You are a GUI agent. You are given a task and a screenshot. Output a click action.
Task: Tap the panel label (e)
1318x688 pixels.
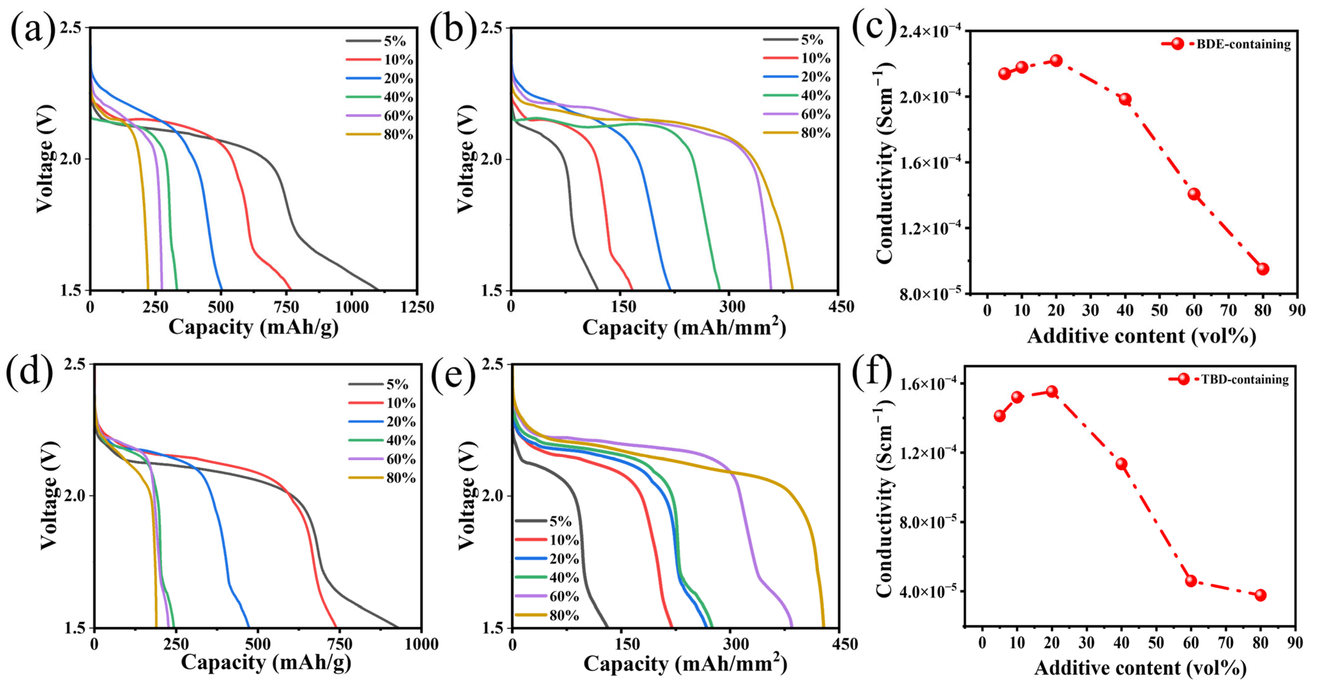[453, 374]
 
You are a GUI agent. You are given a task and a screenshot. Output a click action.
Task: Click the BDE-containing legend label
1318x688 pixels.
[1243, 44]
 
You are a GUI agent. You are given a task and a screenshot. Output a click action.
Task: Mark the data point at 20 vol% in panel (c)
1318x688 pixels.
[1056, 60]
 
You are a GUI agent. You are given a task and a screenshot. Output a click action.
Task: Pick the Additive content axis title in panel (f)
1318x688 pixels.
[1140, 668]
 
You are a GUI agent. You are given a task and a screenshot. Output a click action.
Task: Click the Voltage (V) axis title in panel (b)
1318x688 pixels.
[465, 159]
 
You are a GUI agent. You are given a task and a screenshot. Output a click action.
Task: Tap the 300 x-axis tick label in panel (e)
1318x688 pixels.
[735, 644]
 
